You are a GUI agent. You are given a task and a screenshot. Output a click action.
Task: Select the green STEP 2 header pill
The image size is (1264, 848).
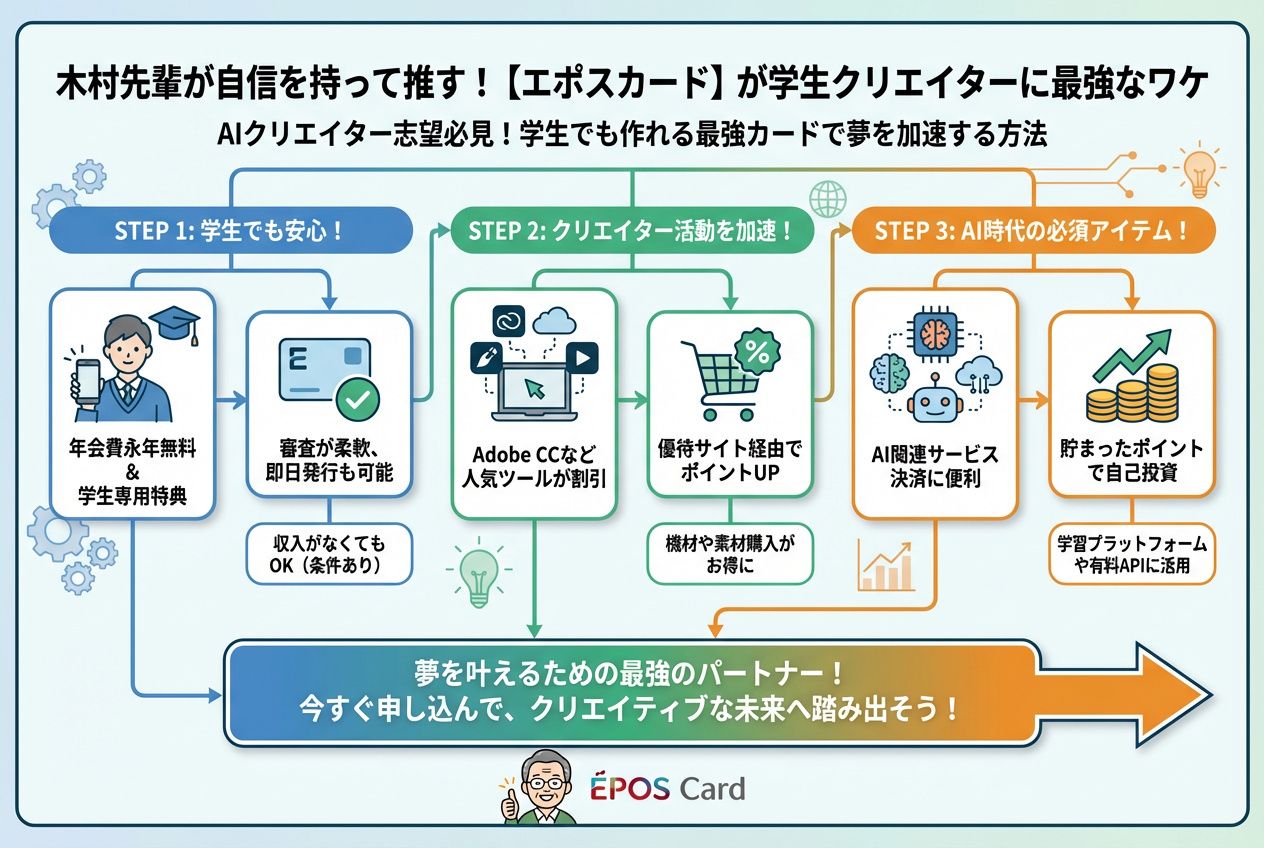click(x=630, y=230)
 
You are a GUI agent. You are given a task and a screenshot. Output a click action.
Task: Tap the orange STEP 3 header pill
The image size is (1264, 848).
click(x=1031, y=230)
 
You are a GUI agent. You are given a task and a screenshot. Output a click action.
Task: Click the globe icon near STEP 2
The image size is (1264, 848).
click(x=828, y=197)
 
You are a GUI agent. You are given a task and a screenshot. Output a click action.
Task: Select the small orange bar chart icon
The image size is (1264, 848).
click(x=886, y=567)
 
